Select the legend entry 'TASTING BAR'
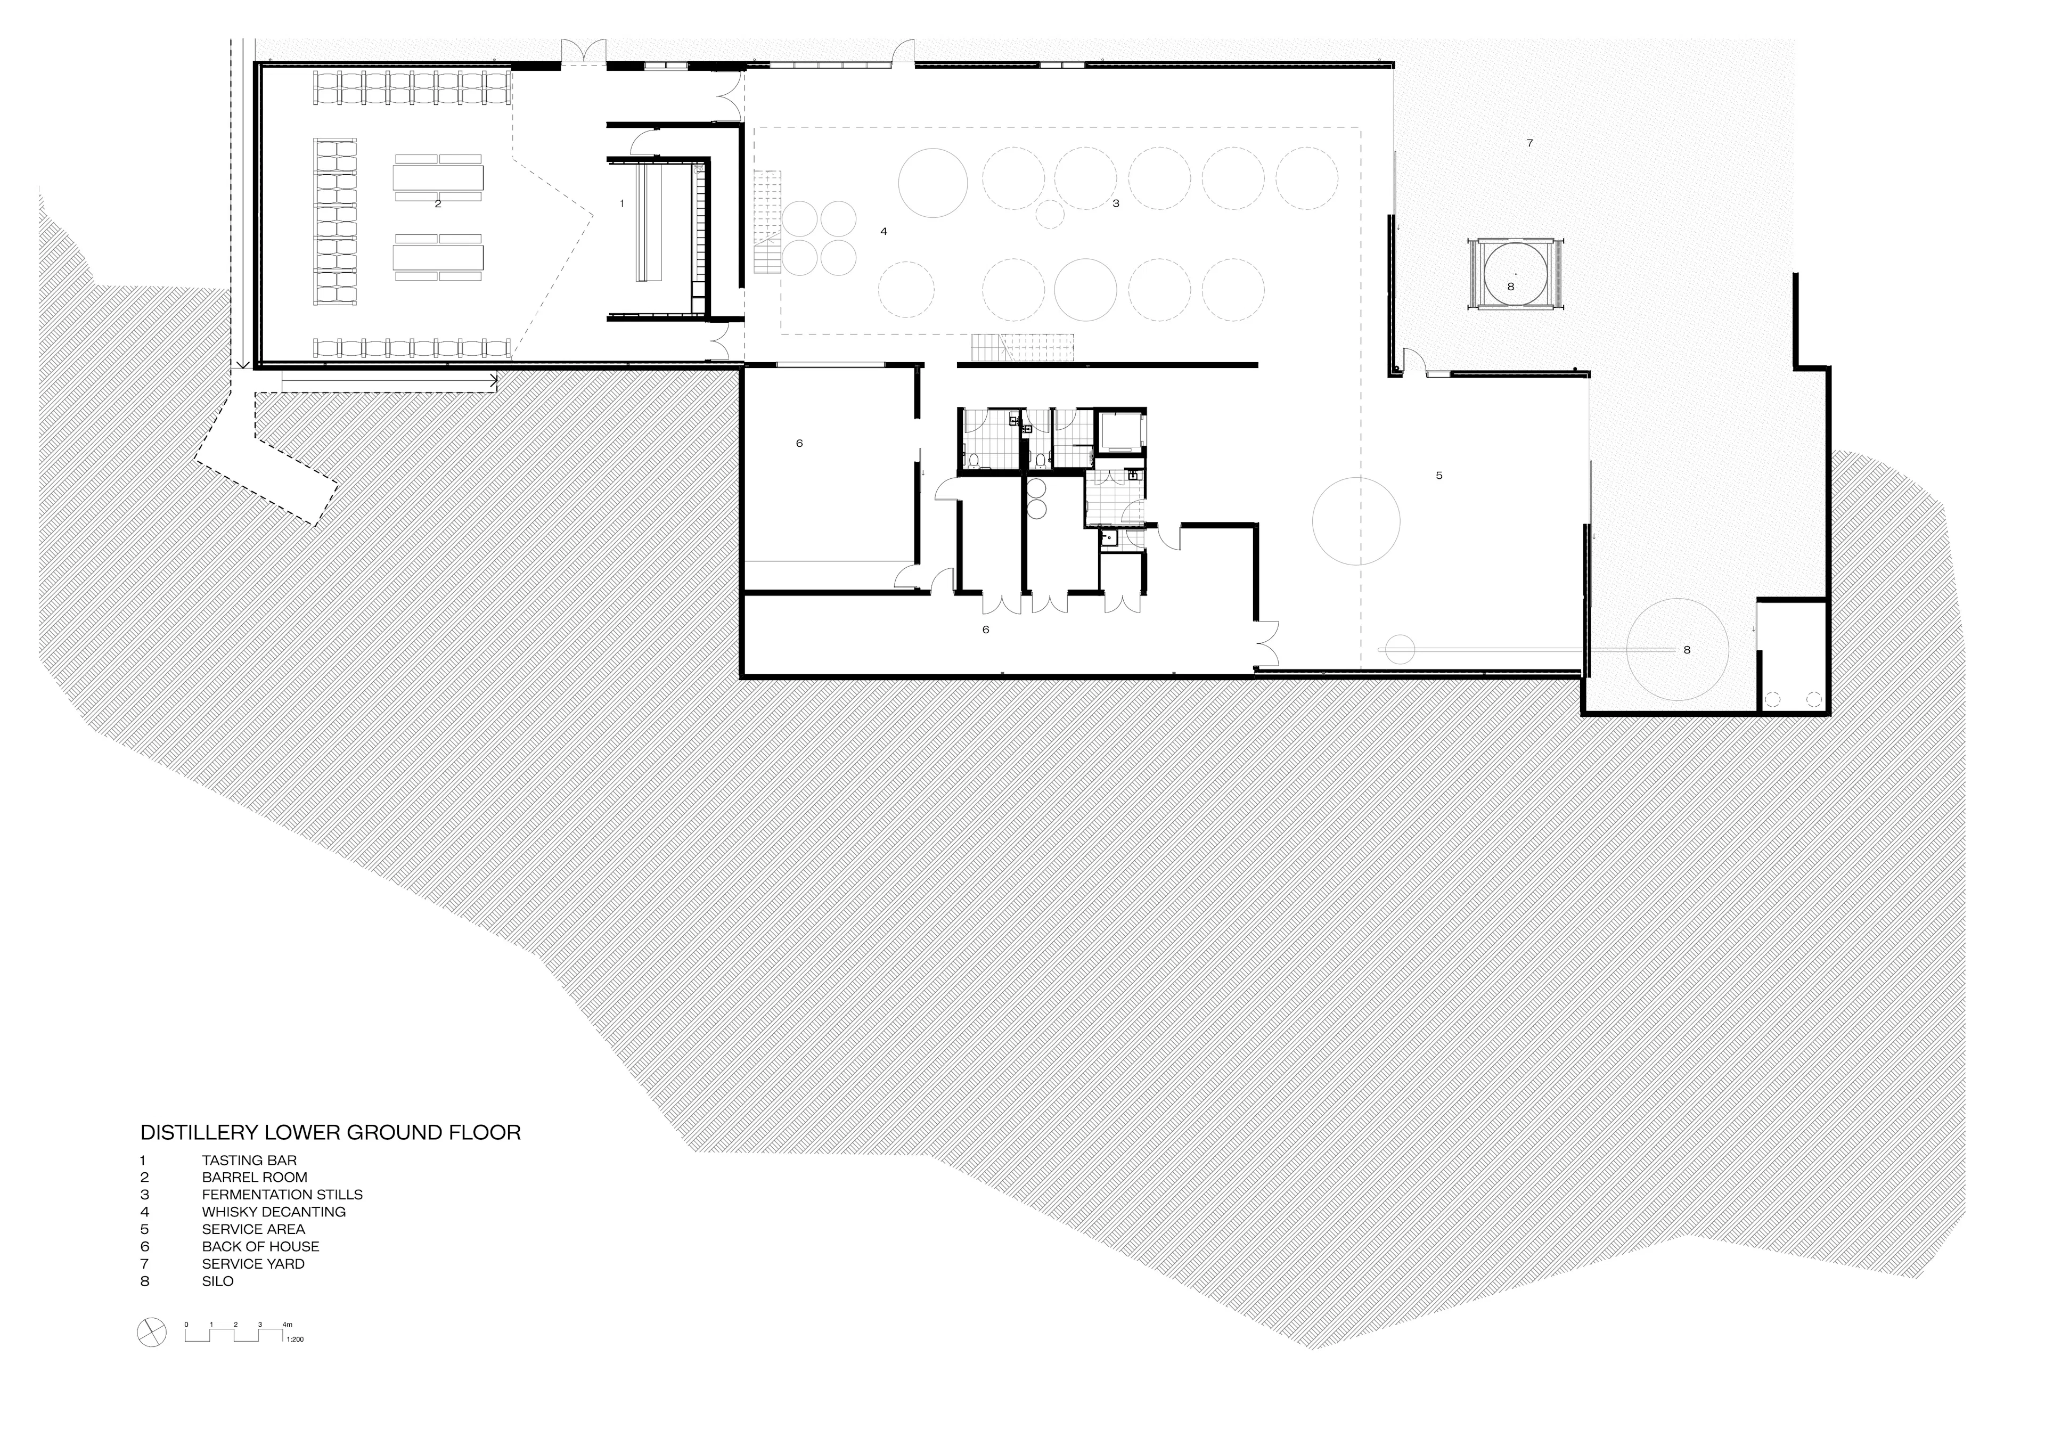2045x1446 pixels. [x=249, y=1160]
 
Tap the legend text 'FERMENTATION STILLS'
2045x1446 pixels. [x=282, y=1195]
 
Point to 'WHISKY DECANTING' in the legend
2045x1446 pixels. [x=273, y=1212]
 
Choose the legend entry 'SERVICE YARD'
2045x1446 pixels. [x=253, y=1263]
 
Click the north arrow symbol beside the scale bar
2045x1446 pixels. [x=151, y=1333]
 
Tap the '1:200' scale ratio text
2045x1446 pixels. [x=295, y=1339]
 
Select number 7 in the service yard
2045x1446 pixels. [x=1530, y=143]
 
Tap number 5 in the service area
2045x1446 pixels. [x=1439, y=476]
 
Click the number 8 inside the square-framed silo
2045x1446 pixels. [x=1511, y=287]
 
